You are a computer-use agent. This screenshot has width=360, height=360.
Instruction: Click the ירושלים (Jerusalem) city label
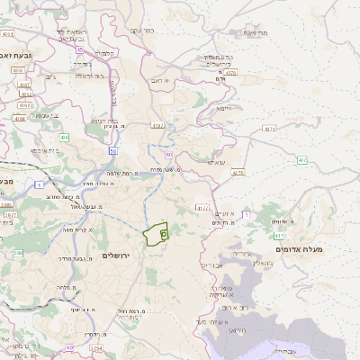point(118,256)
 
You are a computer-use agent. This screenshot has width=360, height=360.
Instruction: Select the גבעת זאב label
point(17,54)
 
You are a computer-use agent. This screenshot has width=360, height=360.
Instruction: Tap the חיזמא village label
point(225,108)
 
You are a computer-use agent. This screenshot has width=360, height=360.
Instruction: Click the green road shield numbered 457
point(301,160)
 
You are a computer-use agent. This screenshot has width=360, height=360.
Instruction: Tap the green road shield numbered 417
point(280,235)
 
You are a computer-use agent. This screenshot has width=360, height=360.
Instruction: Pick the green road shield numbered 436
point(65,138)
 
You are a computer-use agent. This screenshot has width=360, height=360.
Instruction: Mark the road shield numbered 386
point(18,254)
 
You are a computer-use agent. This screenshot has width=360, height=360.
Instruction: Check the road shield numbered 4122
point(202,207)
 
